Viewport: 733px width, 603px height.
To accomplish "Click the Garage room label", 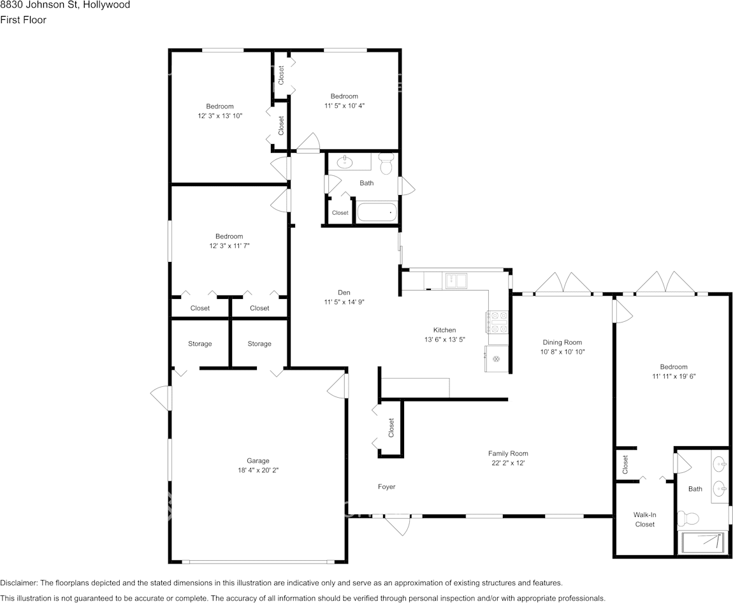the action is (258, 460).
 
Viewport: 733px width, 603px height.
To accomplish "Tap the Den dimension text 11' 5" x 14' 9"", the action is (344, 302).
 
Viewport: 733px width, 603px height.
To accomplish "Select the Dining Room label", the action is (562, 342).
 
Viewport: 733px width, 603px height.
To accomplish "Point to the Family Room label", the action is (508, 453).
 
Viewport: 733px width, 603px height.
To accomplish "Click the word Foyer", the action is (387, 486).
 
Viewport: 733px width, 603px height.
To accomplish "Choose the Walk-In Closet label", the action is (644, 519).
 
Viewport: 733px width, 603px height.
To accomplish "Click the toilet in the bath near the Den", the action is (386, 164).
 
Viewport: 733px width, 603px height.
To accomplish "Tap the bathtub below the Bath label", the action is (377, 213).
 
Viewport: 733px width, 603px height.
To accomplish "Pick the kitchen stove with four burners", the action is (497, 322).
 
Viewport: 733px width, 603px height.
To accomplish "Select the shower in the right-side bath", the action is (703, 543).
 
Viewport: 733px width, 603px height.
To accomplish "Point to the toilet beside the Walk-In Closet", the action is (688, 518).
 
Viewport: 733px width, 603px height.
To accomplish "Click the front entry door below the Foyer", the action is (398, 525).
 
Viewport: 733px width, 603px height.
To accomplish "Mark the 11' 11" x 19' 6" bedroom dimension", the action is (674, 376).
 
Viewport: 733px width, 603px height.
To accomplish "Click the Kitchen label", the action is (444, 330).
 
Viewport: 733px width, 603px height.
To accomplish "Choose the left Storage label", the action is (200, 344).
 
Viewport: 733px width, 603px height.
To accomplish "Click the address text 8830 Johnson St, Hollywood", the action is (65, 5).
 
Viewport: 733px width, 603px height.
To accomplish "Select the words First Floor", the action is (24, 20).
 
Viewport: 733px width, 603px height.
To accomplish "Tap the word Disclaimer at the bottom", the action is (18, 583).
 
